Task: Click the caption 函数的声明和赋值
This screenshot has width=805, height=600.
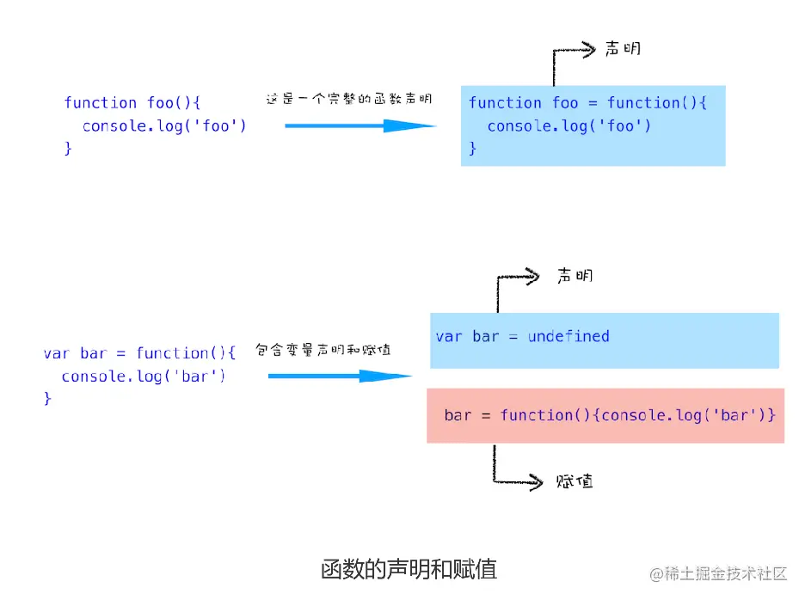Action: (x=409, y=569)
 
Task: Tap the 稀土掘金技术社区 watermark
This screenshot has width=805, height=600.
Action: (x=719, y=573)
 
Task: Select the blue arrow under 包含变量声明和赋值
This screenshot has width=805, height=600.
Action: (x=340, y=376)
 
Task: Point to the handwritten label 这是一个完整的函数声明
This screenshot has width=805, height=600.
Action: (x=348, y=99)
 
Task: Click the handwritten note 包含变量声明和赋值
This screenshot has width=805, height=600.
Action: (x=323, y=350)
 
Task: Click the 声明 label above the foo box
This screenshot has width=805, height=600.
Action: (x=623, y=49)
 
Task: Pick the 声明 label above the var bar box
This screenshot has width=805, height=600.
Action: (x=575, y=276)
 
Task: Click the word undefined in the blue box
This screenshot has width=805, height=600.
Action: (x=568, y=336)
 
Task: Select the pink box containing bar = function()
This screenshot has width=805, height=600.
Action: (x=605, y=415)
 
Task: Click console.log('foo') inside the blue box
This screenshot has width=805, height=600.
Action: (x=569, y=126)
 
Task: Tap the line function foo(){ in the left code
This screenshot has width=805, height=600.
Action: (x=132, y=102)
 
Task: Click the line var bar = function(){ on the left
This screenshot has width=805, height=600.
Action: (x=139, y=353)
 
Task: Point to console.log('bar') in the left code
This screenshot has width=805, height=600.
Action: (x=143, y=377)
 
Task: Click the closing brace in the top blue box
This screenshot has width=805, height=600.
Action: (x=472, y=149)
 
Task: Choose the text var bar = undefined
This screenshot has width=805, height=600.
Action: (x=522, y=336)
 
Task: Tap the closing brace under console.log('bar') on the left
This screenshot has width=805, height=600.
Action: (x=48, y=399)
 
